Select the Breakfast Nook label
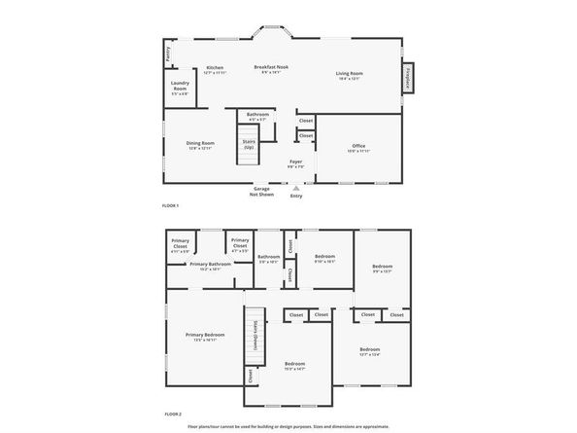click(x=271, y=68)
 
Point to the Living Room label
click(x=350, y=75)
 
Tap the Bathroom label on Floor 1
click(x=257, y=116)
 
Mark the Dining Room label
click(x=200, y=145)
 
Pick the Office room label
click(x=358, y=149)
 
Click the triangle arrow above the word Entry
click(x=296, y=188)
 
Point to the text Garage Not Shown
click(x=261, y=192)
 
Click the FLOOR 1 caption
click(x=171, y=206)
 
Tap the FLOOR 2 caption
click(x=171, y=414)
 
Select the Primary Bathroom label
click(x=210, y=266)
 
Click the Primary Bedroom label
click(x=203, y=337)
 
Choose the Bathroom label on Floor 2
click(x=268, y=258)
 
